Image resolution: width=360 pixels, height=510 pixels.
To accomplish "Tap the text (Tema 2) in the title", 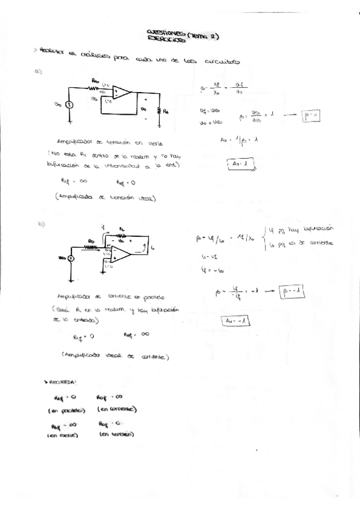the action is coord(203,35).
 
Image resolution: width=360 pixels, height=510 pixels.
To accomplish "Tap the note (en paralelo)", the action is coord(67,411).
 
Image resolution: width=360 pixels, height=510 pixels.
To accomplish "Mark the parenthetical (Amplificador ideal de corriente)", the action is coord(116,357).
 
